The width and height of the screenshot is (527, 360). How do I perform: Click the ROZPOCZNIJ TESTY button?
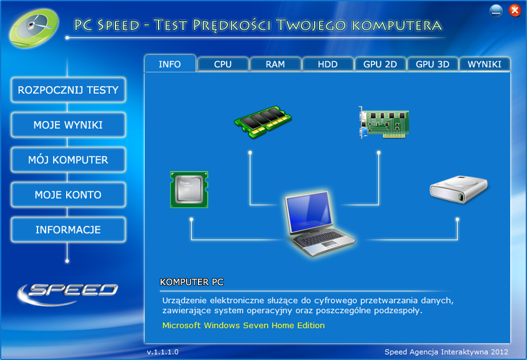point(68,90)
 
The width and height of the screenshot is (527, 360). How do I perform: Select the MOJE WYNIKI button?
point(68,125)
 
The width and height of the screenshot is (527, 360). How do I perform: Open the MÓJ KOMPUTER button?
point(68,160)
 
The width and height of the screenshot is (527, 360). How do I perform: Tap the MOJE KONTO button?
point(68,195)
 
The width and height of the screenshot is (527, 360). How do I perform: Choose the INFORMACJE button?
point(68,230)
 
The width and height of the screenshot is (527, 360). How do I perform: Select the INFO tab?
point(170,64)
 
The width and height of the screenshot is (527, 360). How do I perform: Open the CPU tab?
point(223,64)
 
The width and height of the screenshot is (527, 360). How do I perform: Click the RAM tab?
point(275,64)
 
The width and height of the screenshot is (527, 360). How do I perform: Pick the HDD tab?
point(328,64)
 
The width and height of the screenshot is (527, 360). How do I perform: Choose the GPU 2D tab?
point(380,64)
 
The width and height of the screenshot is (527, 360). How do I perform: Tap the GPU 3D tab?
point(433,64)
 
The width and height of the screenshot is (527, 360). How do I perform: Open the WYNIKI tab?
point(485,64)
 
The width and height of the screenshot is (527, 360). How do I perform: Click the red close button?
point(515,11)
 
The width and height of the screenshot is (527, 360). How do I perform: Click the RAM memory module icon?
point(263,122)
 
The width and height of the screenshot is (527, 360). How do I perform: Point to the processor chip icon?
point(189,190)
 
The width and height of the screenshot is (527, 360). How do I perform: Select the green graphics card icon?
point(383,122)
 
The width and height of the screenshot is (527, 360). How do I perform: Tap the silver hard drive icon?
point(459,188)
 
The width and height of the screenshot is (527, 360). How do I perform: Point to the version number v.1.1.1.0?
point(163,352)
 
